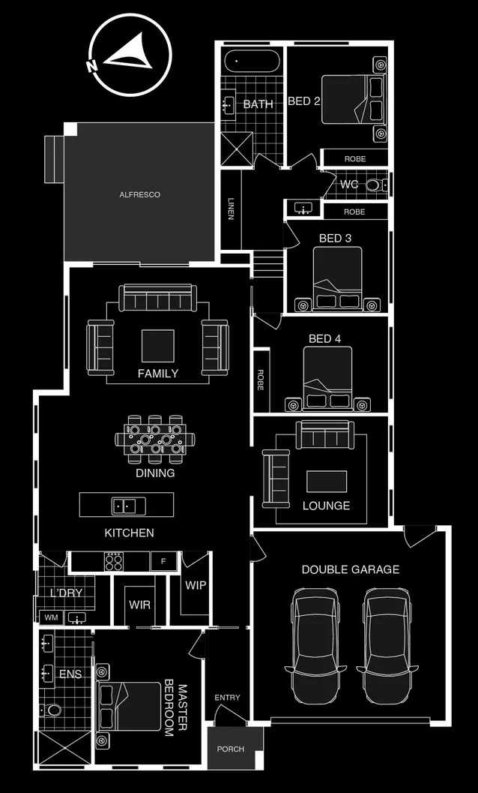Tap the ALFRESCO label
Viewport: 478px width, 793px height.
[140, 195]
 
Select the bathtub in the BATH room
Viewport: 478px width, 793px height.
[252, 59]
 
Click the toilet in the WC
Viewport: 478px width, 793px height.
[373, 185]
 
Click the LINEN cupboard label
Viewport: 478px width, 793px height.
[231, 209]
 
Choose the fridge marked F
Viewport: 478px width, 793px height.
[163, 561]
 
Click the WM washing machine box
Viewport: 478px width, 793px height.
[51, 617]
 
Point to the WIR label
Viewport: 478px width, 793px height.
[140, 604]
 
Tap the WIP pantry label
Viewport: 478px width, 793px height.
[196, 585]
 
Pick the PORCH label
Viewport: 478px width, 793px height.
[230, 749]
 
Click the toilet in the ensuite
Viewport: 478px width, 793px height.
[54, 709]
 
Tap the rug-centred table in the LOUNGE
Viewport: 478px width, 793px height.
[326, 481]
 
